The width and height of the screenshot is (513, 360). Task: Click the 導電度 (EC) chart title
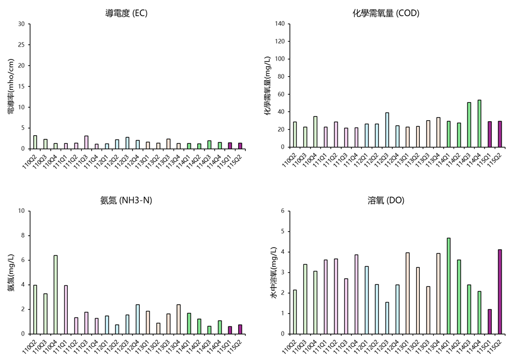click(x=126, y=13)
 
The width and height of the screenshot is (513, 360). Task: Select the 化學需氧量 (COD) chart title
click(x=386, y=13)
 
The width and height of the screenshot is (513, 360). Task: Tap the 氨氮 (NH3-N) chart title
click(x=126, y=200)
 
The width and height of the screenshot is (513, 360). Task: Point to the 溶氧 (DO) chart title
click(x=386, y=200)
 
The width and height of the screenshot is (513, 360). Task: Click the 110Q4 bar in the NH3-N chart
click(x=55, y=295)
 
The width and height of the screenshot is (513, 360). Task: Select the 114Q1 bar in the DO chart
click(x=448, y=286)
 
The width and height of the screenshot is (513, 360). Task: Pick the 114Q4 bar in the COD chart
click(x=479, y=123)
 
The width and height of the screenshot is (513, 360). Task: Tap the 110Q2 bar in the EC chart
click(x=35, y=142)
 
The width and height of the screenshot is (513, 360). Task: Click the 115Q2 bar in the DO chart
click(x=500, y=292)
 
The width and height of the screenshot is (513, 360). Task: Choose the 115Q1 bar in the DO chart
click(x=490, y=322)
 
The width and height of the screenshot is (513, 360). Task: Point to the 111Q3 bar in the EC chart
click(x=86, y=142)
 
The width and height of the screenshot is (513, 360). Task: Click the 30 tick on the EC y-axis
click(x=21, y=24)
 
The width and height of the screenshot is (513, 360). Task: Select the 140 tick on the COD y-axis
click(x=280, y=23)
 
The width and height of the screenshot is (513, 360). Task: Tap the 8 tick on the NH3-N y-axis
click(x=23, y=236)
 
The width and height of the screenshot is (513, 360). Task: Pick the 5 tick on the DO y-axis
click(x=283, y=232)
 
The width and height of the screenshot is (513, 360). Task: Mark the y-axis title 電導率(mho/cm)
click(x=11, y=86)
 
